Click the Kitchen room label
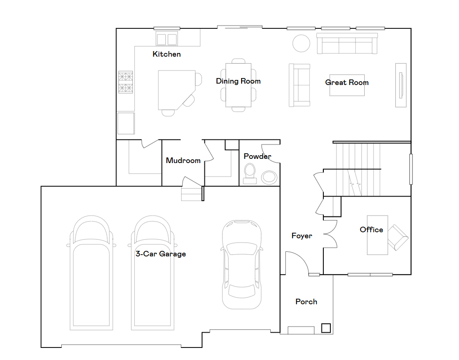click(166, 54)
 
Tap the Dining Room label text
click(238, 81)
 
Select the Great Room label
click(347, 83)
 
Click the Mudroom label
click(183, 161)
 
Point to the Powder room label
click(257, 157)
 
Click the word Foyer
click(302, 236)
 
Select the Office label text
click(371, 229)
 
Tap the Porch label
click(306, 302)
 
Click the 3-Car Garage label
click(160, 254)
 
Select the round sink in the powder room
click(269, 177)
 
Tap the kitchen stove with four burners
click(125, 82)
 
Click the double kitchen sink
click(167, 39)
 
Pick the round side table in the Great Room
click(301, 44)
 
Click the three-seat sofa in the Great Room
click(346, 44)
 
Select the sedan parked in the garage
click(241, 264)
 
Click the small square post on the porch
click(326, 328)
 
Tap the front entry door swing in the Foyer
click(297, 262)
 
